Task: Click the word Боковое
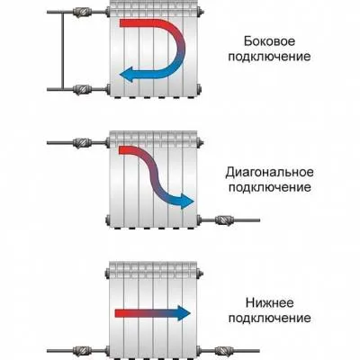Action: point(269,41)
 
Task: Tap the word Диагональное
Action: point(269,172)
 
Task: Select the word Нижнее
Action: point(269,303)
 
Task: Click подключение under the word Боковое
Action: point(269,57)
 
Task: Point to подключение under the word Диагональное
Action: point(269,187)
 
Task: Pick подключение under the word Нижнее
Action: point(269,318)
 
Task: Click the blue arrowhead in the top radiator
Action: point(126,75)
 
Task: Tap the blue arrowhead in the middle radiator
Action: point(186,201)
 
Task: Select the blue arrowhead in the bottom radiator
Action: point(183,313)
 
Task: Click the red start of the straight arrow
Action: point(120,313)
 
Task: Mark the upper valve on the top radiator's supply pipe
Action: point(81,13)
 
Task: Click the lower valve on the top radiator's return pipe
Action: point(81,89)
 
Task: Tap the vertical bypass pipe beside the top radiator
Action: point(63,51)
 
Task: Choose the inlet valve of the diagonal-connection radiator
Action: point(81,142)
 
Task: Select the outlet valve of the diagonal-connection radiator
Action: point(224,220)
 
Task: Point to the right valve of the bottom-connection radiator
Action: point(224,351)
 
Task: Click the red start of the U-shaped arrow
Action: point(124,22)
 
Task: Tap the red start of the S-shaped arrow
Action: point(123,149)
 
